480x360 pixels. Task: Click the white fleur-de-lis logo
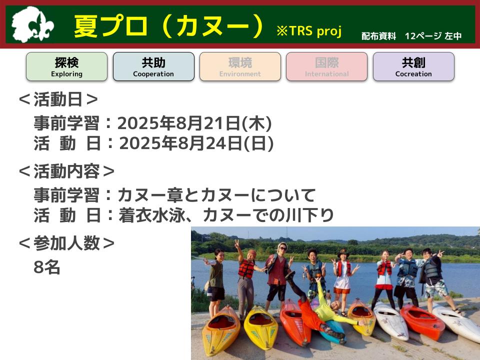(x=32, y=24)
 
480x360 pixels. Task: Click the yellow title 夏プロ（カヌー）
(x=169, y=25)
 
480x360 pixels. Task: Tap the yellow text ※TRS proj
(x=309, y=31)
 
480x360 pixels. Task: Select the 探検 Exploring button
(x=66, y=66)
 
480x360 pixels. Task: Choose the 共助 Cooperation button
(x=153, y=66)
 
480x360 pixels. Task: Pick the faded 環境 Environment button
(x=240, y=66)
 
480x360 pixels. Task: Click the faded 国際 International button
(x=326, y=66)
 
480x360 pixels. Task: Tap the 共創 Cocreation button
(x=413, y=66)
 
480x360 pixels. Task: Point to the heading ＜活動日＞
(x=58, y=99)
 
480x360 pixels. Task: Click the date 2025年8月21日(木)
(x=194, y=123)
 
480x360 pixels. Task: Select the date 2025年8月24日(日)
(x=196, y=143)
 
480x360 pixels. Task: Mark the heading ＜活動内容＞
(x=66, y=171)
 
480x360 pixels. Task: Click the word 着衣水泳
(x=152, y=215)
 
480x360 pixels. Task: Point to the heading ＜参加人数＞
(x=66, y=243)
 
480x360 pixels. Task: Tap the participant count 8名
(x=47, y=267)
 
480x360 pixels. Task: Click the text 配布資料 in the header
(x=378, y=36)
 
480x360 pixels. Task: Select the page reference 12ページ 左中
(x=433, y=36)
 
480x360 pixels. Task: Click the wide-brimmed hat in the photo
(x=343, y=253)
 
